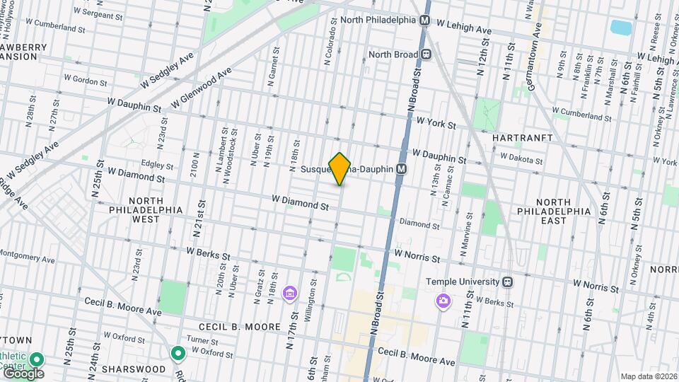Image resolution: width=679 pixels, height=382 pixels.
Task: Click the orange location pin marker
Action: click(x=340, y=168)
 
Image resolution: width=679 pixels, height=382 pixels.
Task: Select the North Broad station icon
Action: click(x=426, y=54)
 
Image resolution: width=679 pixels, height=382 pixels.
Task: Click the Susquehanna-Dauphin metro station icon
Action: click(x=402, y=169)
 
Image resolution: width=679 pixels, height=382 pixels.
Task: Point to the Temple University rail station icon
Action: click(x=507, y=281)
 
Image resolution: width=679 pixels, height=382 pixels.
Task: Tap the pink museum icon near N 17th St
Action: click(x=289, y=293)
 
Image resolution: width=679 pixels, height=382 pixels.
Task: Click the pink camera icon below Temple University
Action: click(x=443, y=301)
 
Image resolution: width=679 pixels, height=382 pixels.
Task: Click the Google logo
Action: click(x=23, y=373)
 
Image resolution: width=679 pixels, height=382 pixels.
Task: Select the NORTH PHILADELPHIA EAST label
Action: click(x=562, y=211)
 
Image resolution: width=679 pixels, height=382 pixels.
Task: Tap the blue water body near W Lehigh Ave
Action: click(x=620, y=28)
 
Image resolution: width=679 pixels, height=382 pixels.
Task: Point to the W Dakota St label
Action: click(x=521, y=156)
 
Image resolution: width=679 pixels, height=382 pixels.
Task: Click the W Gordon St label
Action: click(x=85, y=81)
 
